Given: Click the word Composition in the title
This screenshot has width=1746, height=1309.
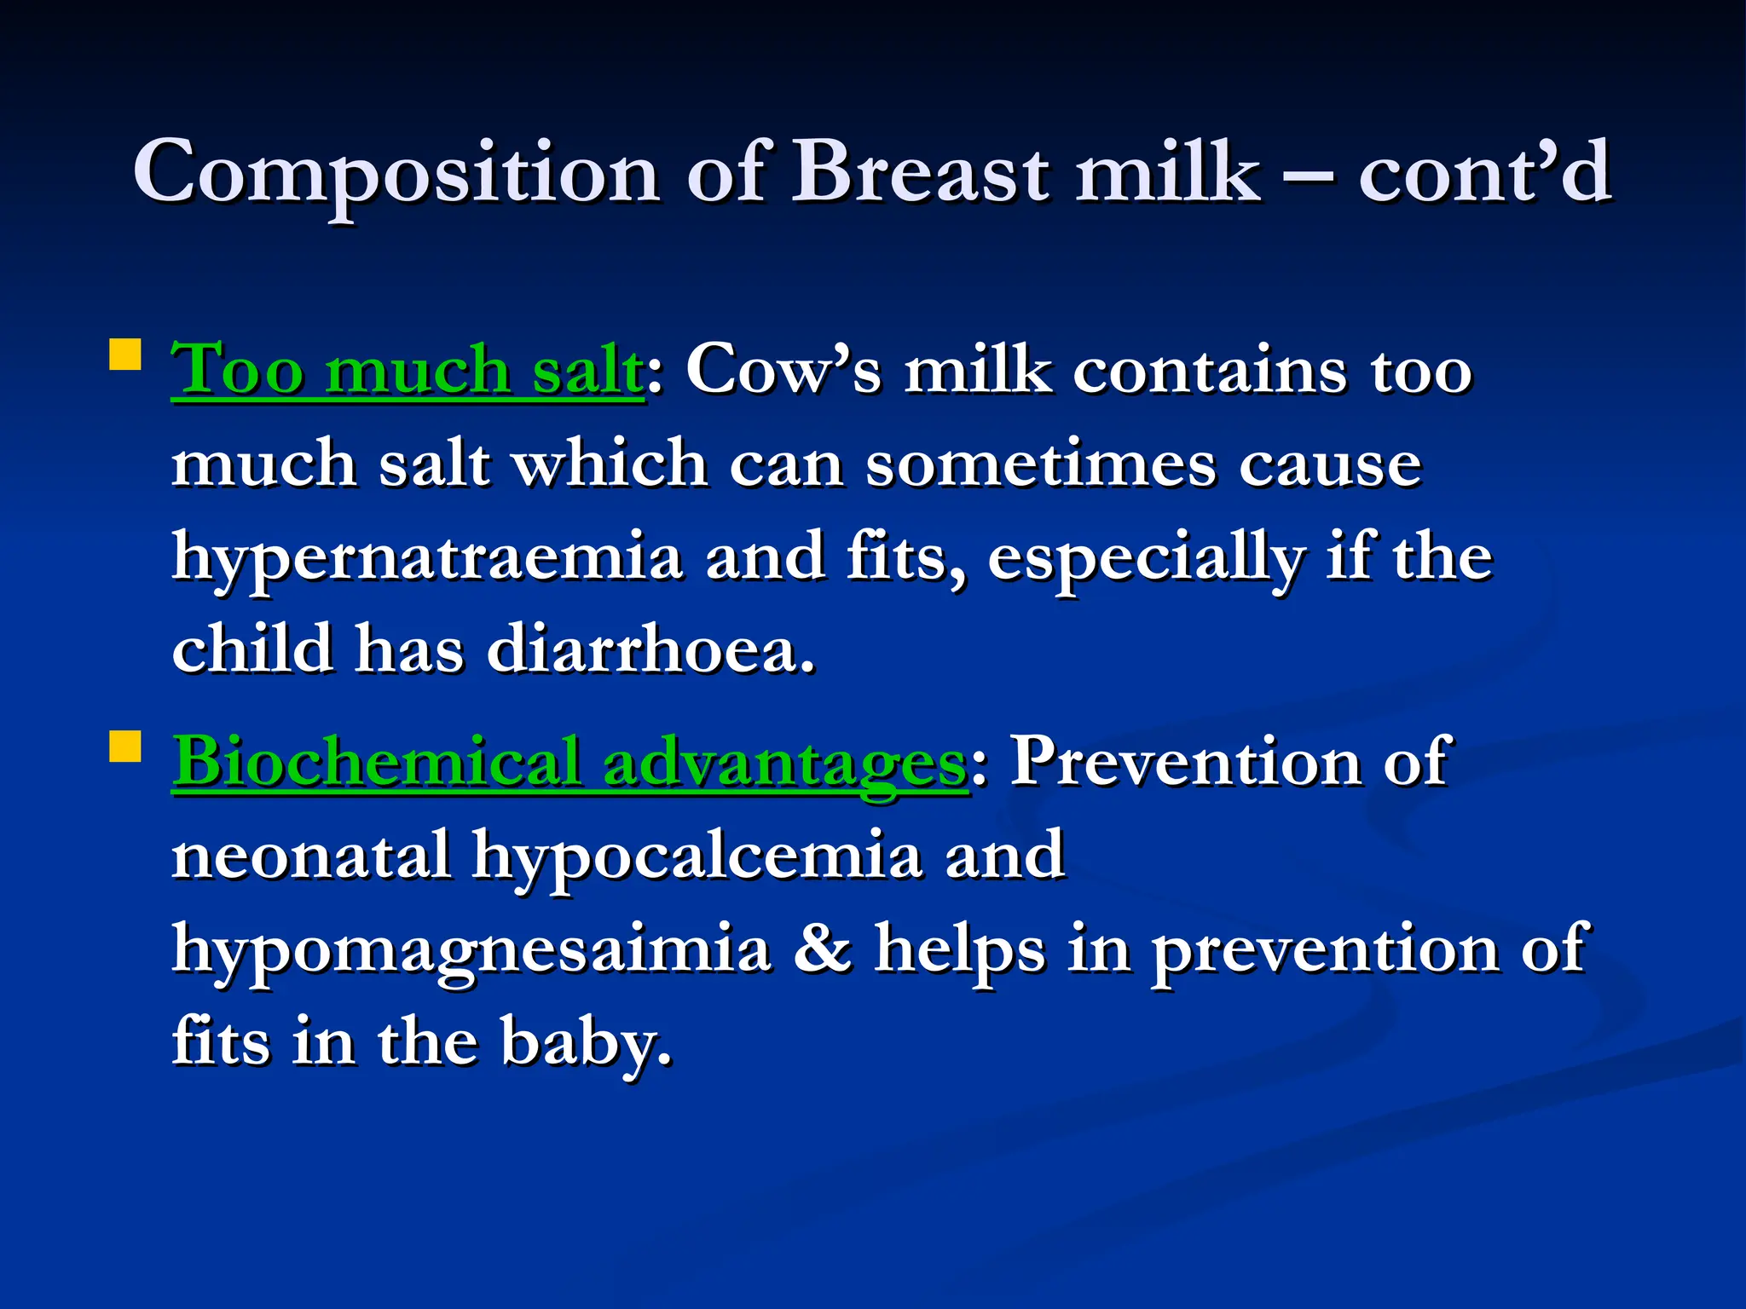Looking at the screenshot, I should click(396, 173).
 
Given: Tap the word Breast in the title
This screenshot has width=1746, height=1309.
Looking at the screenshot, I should click(920, 173).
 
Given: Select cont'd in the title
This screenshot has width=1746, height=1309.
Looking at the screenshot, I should click(1484, 173).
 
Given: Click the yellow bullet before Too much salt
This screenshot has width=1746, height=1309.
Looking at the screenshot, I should click(125, 355).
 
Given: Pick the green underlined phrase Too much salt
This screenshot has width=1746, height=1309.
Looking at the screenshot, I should click(408, 371).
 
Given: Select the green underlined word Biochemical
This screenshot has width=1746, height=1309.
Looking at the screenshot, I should click(378, 761).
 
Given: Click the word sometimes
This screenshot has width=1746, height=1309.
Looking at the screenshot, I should click(1041, 464).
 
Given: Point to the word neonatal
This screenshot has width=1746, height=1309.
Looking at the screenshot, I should click(311, 855).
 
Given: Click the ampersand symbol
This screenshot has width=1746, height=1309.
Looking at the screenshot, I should click(822, 949).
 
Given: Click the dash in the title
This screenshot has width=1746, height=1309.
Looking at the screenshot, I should click(1309, 177).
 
